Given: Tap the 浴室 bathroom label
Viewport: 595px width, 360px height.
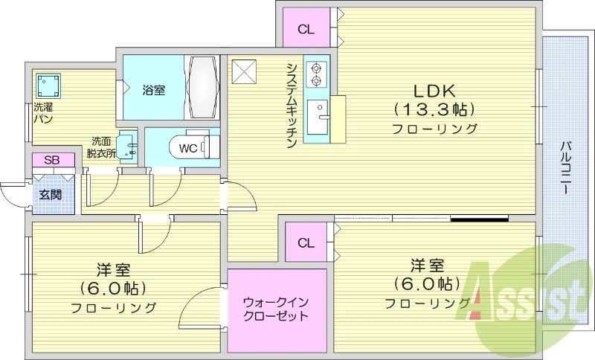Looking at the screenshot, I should pyautogui.click(x=154, y=90).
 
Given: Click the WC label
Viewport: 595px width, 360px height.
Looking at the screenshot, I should pyautogui.click(x=188, y=148).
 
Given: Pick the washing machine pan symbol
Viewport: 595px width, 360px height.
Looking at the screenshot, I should pyautogui.click(x=47, y=84).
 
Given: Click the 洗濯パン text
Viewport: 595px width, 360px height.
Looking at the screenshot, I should pyautogui.click(x=43, y=113).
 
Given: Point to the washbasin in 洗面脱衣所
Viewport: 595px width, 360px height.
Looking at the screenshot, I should pyautogui.click(x=127, y=145).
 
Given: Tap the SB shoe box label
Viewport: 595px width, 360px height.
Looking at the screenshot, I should pyautogui.click(x=52, y=160).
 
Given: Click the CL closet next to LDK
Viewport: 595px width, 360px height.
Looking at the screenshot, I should pyautogui.click(x=306, y=30).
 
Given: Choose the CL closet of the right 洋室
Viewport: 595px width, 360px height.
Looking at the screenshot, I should pyautogui.click(x=306, y=243).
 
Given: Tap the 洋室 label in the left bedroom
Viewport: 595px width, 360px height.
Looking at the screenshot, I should pyautogui.click(x=114, y=269).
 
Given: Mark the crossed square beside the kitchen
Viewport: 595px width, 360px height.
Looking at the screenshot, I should pyautogui.click(x=243, y=71).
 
